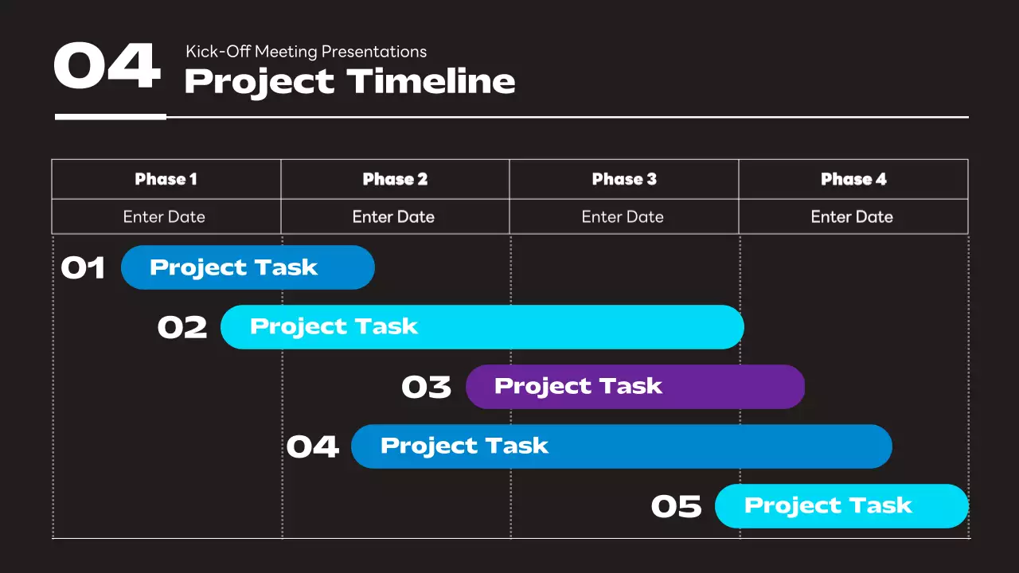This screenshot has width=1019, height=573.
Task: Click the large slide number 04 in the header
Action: click(107, 67)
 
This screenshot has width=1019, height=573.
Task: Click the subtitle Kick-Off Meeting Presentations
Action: click(306, 52)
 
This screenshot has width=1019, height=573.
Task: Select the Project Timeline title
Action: click(349, 82)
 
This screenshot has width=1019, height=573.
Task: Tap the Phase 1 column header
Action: click(166, 179)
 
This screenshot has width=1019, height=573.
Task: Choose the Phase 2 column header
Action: click(395, 179)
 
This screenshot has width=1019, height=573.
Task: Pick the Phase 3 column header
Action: click(624, 179)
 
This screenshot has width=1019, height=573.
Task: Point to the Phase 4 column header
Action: click(853, 179)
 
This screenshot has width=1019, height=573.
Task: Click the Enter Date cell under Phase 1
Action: click(165, 216)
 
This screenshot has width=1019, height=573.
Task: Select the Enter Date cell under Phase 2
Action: click(394, 216)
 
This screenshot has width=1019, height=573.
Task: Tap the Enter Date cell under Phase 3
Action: click(623, 216)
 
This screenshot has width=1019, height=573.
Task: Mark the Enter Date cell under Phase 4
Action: click(853, 216)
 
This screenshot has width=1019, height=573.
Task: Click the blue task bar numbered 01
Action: click(248, 267)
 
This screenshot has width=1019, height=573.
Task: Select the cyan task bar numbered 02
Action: click(482, 327)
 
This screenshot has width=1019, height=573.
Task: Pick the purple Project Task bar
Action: click(634, 387)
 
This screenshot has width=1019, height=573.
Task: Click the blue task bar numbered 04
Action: click(621, 446)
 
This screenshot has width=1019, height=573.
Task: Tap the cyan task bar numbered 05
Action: click(841, 506)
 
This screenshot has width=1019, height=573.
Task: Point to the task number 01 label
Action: click(83, 268)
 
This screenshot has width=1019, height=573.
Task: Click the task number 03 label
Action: click(426, 388)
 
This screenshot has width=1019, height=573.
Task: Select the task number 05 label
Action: click(676, 507)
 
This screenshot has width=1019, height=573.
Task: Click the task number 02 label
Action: click(182, 328)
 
